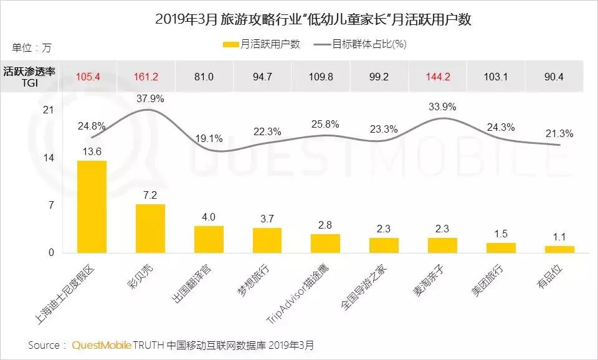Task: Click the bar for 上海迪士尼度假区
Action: coord(92,206)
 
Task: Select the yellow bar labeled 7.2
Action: coord(150,228)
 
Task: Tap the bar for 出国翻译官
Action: coord(209,239)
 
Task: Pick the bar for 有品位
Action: coord(559,249)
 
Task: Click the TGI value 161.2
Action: coord(146,77)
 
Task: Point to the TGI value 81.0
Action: coord(204,77)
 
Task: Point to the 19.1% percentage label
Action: coord(210,138)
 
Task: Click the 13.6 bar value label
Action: coord(91,151)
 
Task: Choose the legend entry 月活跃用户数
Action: coord(262,44)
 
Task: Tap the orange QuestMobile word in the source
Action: coord(103,344)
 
